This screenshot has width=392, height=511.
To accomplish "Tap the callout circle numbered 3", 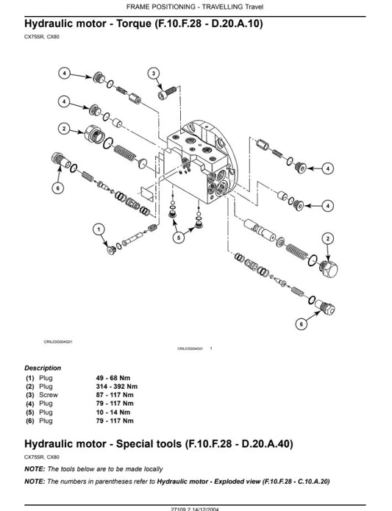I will click(x=153, y=73).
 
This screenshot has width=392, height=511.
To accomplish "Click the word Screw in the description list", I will click(x=47, y=395).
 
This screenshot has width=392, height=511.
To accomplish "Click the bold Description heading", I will click(x=43, y=368).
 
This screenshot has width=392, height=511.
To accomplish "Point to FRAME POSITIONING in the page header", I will click(x=157, y=7).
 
